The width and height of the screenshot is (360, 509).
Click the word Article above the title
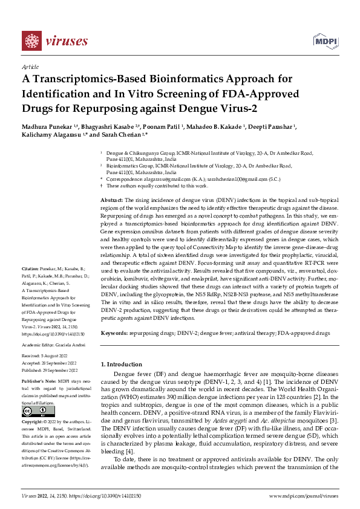pos(30,67)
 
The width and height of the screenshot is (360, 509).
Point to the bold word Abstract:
pos(111,199)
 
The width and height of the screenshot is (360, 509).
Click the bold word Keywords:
pos(113,333)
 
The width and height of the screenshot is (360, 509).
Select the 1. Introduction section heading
pos(123,364)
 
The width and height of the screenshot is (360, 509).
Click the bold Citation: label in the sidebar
pos(30,268)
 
